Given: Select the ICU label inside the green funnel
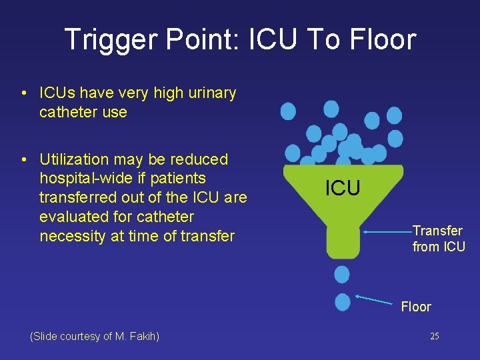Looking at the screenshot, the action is pos(343,188).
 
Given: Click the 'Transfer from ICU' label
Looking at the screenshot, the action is pos(438,239).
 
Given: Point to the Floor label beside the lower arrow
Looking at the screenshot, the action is pos(416,307).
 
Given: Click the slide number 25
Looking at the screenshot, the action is pos(434,336).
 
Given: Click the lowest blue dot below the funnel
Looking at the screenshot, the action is pos(343,301).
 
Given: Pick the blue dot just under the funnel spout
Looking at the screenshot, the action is pos(342,274).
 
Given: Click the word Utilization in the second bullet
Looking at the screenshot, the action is pos(74,159).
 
